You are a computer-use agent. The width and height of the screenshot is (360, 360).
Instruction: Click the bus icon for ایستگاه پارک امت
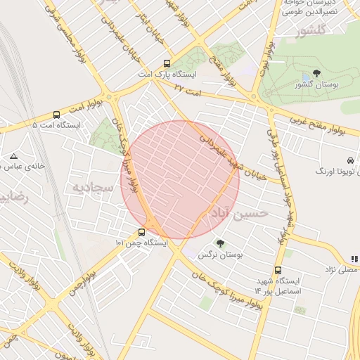pyautogui.click(x=166, y=63)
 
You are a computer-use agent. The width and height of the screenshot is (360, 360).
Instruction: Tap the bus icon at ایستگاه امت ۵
pyautogui.click(x=56, y=115)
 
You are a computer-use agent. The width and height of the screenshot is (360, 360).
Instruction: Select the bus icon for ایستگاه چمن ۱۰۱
pyautogui.click(x=142, y=232)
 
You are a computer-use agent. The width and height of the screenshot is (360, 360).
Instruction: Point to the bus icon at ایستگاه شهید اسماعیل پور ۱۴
pyautogui.click(x=278, y=270)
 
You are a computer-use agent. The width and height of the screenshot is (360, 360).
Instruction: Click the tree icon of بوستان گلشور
pyautogui.click(x=316, y=74)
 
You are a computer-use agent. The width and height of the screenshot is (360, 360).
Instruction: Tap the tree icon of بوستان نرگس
pyautogui.click(x=220, y=244)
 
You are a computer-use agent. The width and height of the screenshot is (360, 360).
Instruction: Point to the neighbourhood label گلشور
pyautogui.click(x=312, y=32)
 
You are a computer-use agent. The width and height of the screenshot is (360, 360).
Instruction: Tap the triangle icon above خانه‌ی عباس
pyautogui.click(x=13, y=155)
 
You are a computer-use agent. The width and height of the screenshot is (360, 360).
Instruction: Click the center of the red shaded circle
pyautogui.click(x=180, y=179)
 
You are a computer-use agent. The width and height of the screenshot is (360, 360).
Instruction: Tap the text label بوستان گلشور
pyautogui.click(x=316, y=85)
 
